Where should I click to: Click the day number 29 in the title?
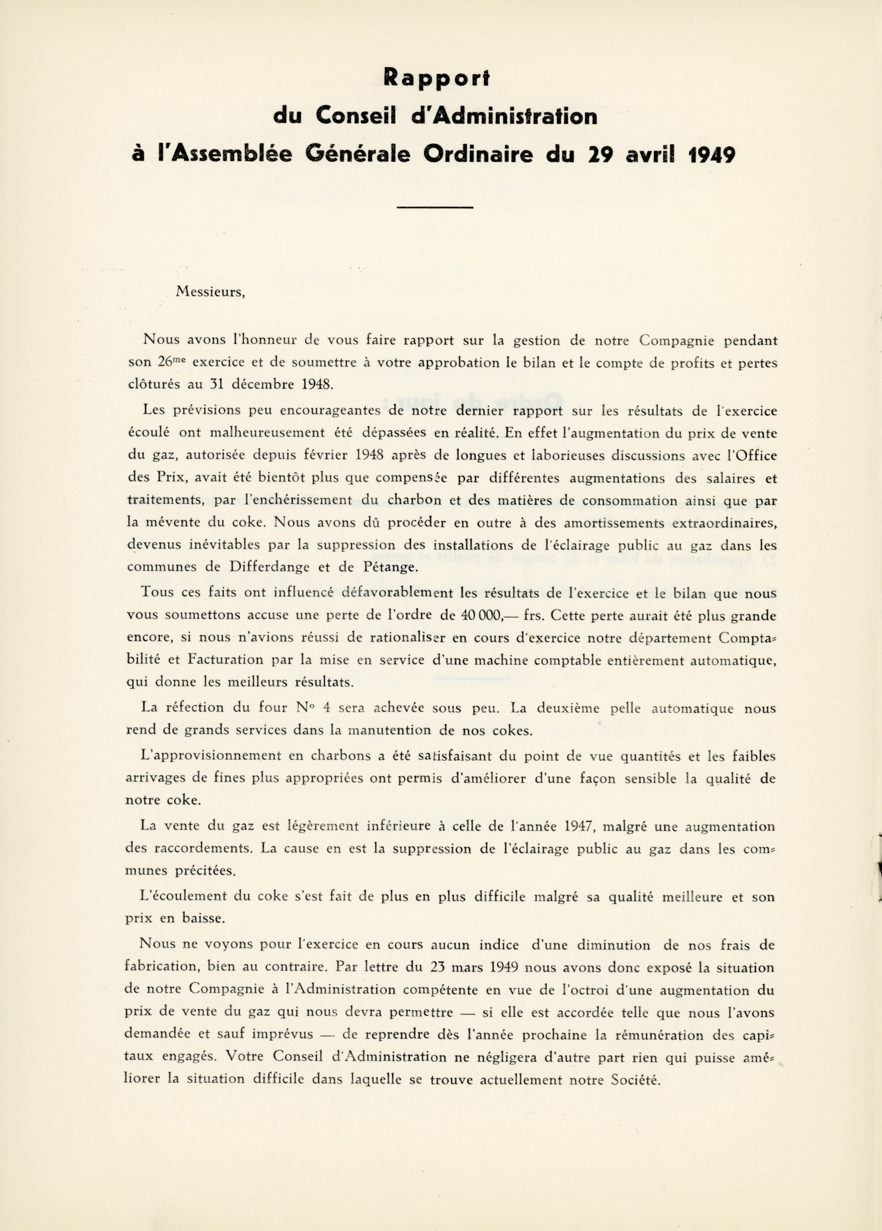click(x=602, y=154)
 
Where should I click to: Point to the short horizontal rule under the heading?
click(x=435, y=207)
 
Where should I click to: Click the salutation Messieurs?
click(x=210, y=292)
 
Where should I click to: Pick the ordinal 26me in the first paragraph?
click(x=172, y=362)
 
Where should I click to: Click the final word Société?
click(x=635, y=1080)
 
